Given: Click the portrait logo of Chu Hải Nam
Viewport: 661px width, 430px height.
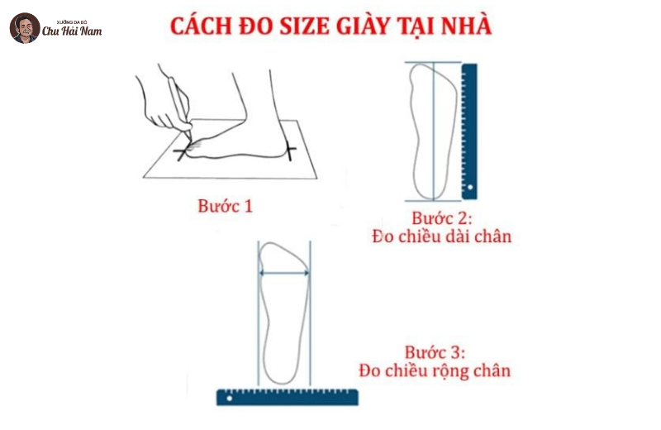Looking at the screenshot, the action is pos(25,28).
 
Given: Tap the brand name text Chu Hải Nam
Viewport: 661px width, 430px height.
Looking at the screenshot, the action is pos(72,31).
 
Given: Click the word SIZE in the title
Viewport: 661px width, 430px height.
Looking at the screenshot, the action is pos(304,26).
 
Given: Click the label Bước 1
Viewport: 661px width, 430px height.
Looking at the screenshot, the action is pos(225,206).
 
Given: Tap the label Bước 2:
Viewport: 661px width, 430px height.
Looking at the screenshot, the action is pos(442,218).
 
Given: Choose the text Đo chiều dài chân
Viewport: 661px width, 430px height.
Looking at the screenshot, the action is pos(441,236).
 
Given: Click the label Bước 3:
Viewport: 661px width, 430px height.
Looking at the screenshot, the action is pos(435,352).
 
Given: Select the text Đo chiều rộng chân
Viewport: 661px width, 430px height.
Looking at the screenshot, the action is pos(435,370).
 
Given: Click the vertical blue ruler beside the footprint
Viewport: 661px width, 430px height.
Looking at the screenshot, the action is pos(469,131).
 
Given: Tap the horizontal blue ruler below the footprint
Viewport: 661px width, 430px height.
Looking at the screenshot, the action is pos(288,397).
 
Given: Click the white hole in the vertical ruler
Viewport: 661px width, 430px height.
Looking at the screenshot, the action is pos(470,187).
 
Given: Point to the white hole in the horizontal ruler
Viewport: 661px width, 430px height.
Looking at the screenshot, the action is pos(230,398).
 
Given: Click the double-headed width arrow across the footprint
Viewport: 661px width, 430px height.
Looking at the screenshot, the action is pos(284,273).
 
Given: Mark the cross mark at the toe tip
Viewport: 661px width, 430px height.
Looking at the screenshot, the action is pos(182,152).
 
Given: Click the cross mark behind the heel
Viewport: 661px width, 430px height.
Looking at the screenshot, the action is pos(290,150).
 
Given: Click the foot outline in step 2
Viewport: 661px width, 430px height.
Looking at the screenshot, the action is pos(433,131).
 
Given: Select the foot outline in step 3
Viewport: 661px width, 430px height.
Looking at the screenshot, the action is pos(283,313).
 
